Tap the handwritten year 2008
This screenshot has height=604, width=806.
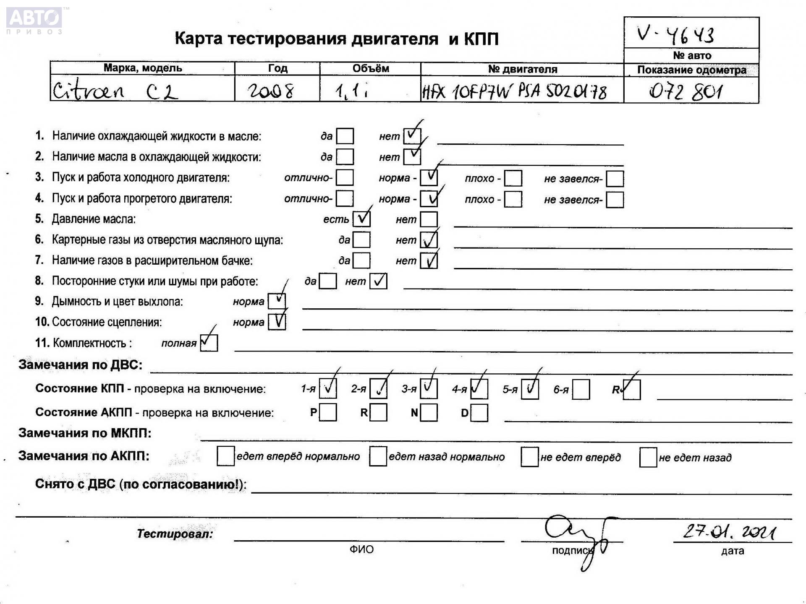[x=271, y=91]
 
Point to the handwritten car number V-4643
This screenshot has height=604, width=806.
[x=675, y=34]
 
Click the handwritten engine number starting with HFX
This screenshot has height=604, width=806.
[x=514, y=91]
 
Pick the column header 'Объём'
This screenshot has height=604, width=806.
[x=370, y=68]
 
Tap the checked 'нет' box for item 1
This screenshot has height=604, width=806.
[x=412, y=136]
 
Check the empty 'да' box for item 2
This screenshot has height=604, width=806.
[x=345, y=157]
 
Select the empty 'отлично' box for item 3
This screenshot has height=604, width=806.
[x=345, y=177]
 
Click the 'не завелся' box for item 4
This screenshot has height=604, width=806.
[x=615, y=200]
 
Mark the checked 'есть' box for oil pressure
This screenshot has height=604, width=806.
[x=361, y=219]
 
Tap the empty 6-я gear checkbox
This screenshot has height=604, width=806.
[x=581, y=389]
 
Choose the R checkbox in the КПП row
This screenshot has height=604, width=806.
[x=631, y=389]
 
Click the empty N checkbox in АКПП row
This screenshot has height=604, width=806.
[x=429, y=412]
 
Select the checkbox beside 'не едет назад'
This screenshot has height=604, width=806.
[x=648, y=457]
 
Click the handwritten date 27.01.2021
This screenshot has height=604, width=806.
[x=730, y=532]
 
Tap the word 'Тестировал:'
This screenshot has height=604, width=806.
[x=175, y=534]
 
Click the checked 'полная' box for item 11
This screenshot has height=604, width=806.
[x=209, y=343]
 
